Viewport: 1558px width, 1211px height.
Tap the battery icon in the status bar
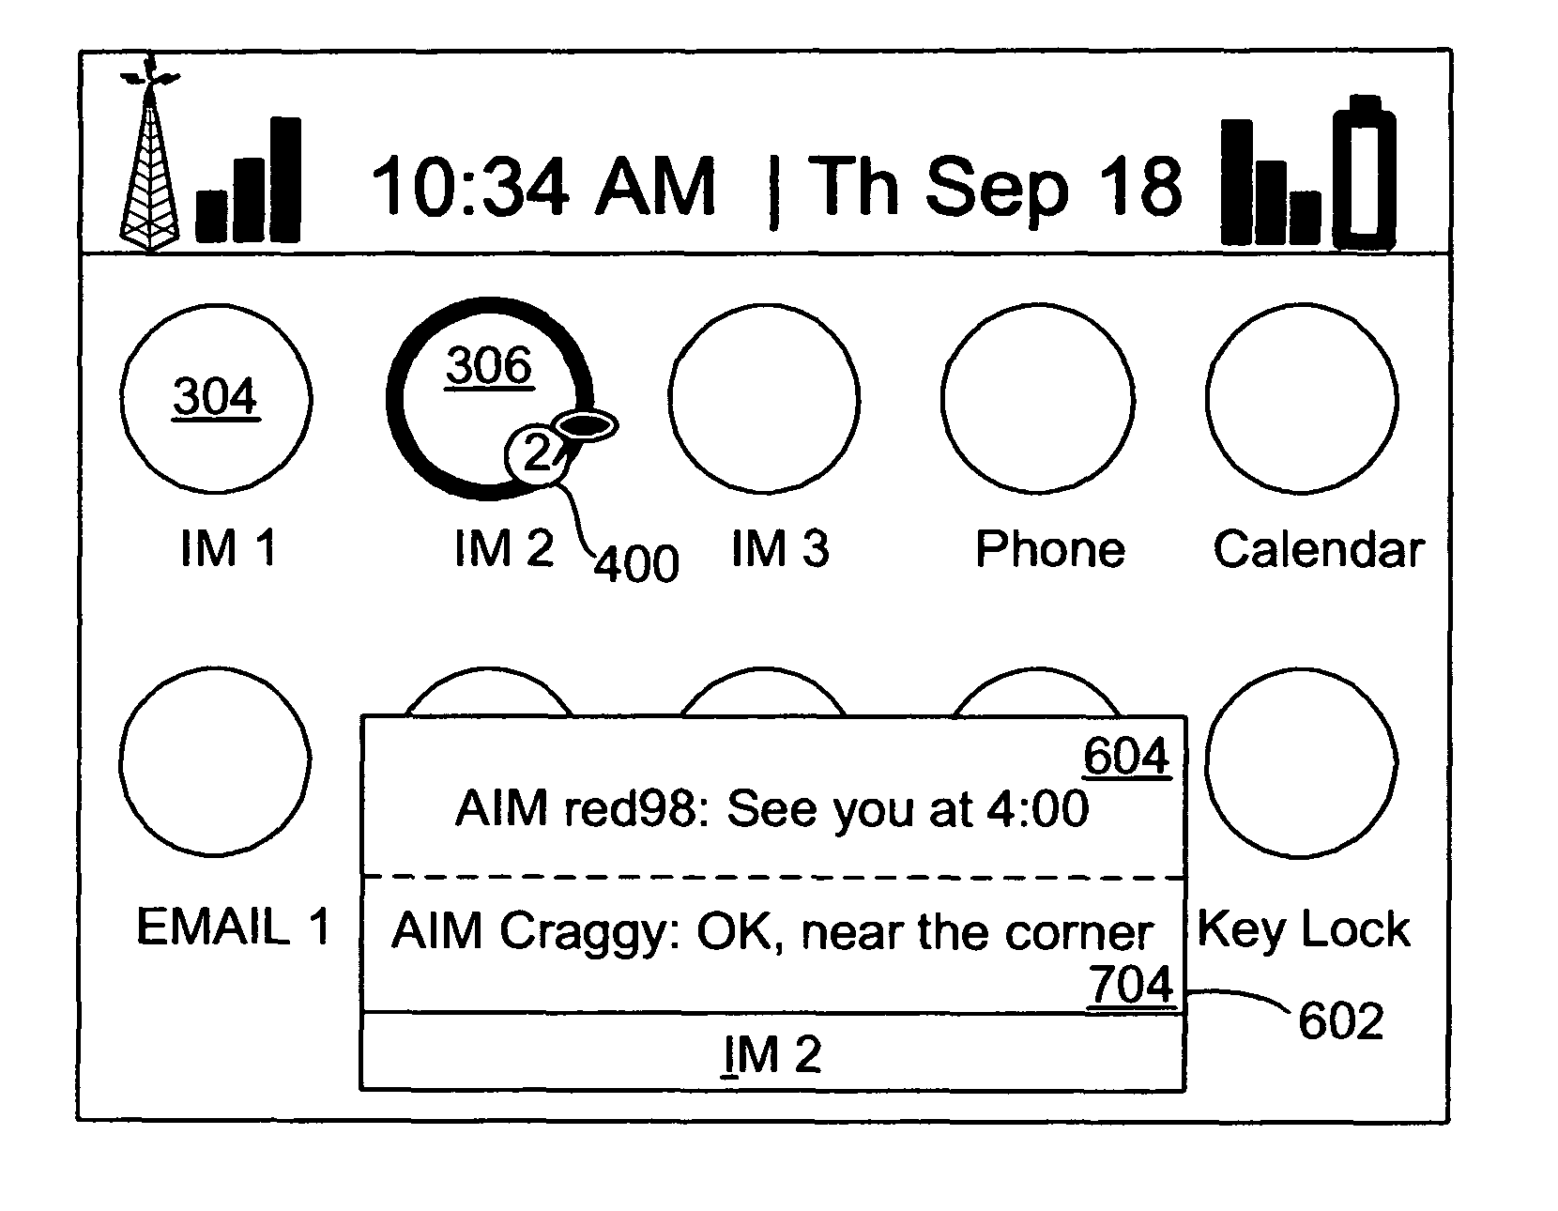coord(1364,173)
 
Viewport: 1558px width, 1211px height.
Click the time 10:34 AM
coord(542,187)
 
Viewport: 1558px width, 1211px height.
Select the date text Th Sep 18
coord(995,187)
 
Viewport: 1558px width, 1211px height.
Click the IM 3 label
coord(780,549)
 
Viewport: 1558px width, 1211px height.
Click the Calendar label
coord(1318,550)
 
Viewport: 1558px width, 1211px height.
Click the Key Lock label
coord(1303,930)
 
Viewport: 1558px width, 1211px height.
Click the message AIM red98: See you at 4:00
coord(772,809)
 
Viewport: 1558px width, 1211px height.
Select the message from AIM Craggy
coord(772,932)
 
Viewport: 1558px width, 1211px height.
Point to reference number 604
coord(1126,757)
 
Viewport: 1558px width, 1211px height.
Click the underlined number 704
coord(1131,985)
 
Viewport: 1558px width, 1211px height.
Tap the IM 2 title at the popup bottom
coord(771,1054)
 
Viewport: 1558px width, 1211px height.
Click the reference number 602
coord(1341,1021)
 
